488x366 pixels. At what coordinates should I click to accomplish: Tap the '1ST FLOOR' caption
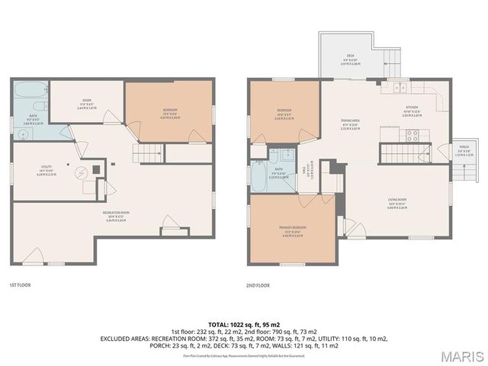[19, 285]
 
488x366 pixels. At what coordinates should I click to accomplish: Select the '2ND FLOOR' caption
[258, 285]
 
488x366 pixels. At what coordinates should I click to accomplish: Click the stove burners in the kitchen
[412, 136]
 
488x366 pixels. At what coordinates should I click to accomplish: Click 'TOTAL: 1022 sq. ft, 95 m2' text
[243, 324]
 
